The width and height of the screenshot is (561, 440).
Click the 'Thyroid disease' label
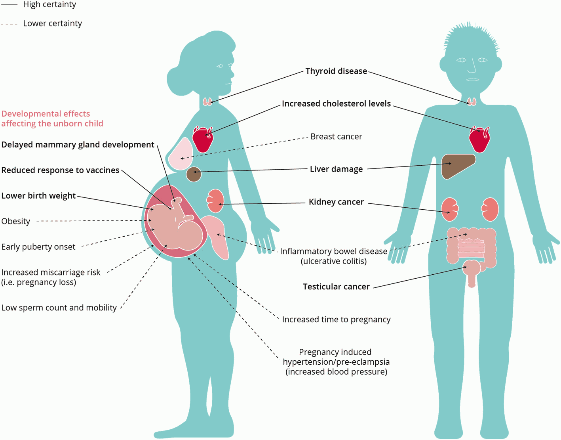pos(336,71)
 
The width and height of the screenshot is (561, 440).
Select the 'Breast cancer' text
pos(336,137)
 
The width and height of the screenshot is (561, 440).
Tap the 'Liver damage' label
pos(336,169)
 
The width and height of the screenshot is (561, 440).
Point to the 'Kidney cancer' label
pos(336,202)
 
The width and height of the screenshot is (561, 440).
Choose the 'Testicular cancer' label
pos(336,287)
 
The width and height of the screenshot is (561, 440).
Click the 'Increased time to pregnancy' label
pos(336,320)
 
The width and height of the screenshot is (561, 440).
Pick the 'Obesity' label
pos(16,222)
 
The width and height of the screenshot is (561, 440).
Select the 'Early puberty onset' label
pos(38,247)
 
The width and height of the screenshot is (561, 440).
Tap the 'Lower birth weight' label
pos(38,196)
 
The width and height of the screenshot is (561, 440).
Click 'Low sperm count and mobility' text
pos(59,308)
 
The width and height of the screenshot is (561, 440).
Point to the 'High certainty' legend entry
pos(49,5)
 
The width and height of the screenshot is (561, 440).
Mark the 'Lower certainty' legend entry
pos(52,24)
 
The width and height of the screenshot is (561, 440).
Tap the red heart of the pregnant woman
pos(202,140)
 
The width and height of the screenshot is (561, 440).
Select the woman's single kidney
pos(216,201)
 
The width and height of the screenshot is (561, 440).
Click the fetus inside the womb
pos(174,226)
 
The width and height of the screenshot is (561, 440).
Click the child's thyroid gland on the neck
pos(471,101)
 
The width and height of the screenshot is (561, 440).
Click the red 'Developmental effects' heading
pos(52,119)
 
